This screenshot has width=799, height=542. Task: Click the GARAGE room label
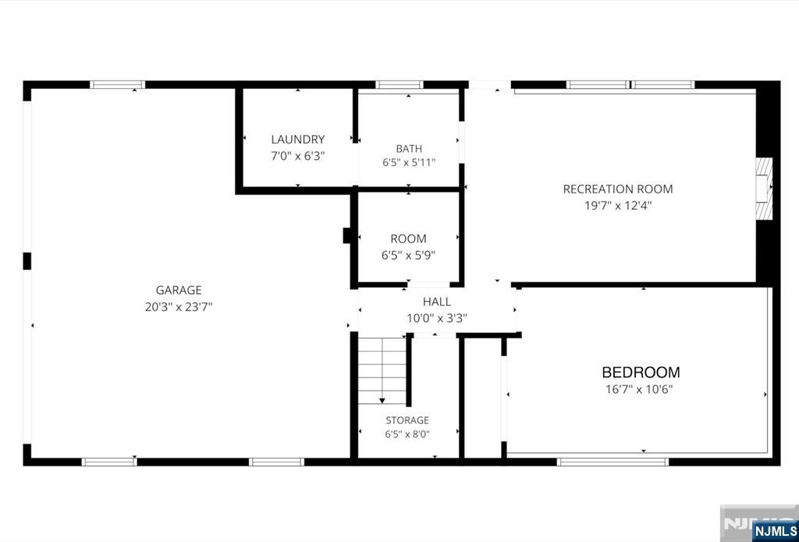pos(179,290)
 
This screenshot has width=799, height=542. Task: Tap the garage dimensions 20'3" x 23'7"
pos(179,307)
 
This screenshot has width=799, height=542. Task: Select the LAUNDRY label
pos(297,140)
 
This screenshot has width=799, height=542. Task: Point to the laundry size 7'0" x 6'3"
pos(297,156)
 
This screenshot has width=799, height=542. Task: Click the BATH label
pos(409,149)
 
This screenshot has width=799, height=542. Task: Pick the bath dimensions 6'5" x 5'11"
pos(409,163)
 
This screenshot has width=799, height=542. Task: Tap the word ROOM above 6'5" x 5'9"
pos(408,239)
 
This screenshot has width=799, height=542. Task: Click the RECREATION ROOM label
pos(618,189)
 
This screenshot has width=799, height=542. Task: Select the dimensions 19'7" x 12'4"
pos(618,206)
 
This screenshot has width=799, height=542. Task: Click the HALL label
pos(437,302)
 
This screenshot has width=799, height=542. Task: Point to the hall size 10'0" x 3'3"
pos(437,318)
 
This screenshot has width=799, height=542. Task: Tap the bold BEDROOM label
pos(641,372)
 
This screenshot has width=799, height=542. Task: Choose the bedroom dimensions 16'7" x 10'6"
pos(639,390)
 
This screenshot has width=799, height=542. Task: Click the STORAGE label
pos(407,420)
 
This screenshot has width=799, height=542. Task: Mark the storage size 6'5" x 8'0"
pos(407,434)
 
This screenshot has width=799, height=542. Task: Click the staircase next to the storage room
pos(382,370)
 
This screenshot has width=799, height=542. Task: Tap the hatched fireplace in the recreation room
pos(764,189)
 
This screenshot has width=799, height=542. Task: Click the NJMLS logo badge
pos(774,530)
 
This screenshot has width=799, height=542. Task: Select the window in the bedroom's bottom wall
pos(613,462)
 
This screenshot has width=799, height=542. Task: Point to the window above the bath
pos(399,84)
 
